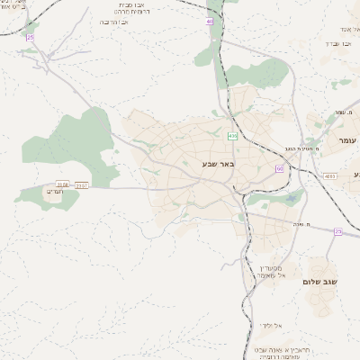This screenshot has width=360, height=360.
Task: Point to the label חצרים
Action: tap(49, 191)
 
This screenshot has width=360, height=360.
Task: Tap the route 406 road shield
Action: tap(233, 136)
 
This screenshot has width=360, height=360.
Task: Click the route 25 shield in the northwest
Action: tap(30, 38)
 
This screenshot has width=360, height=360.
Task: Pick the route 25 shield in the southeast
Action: tap(338, 231)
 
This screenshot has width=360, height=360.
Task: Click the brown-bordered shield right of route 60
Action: tap(330, 176)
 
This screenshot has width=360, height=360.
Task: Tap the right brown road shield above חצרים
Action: tap(82, 184)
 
